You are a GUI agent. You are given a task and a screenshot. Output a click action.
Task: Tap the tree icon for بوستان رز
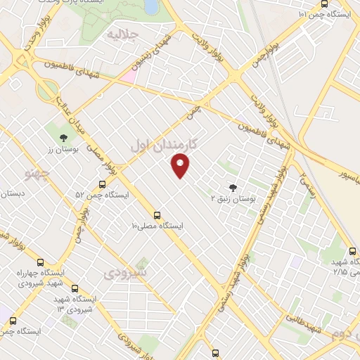click(x=63, y=136)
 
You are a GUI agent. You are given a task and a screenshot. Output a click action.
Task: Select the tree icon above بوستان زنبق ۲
click(x=233, y=187)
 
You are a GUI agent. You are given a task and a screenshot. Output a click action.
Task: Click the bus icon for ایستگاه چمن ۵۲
click(x=103, y=184)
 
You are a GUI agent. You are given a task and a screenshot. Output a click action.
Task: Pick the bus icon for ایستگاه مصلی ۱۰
click(x=157, y=215)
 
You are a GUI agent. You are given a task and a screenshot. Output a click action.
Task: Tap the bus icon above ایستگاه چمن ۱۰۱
click(x=323, y=4)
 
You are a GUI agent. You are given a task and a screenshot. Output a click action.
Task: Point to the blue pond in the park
click(x=151, y=6)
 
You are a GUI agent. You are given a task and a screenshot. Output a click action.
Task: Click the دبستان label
click(x=12, y=193)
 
